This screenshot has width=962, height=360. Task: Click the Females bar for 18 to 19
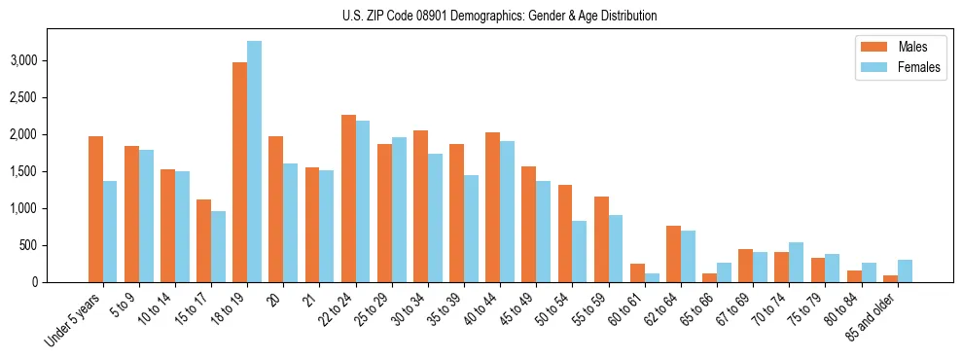pos(255,162)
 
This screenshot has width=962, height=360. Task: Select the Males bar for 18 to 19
pos(240,172)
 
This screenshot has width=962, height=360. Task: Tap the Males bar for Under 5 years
pos(95,209)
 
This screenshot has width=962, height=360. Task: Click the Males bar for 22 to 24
pos(348,198)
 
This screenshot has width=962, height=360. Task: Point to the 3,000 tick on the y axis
pos(49,60)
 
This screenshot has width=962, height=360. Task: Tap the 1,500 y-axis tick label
pos(49,171)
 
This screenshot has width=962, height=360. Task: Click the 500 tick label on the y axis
pos(54,245)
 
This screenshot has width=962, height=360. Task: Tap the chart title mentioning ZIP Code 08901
pos(499,16)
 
